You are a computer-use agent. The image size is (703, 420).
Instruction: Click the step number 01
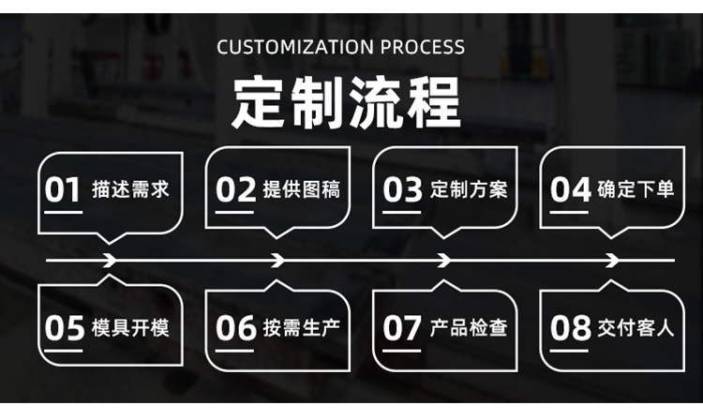click(x=64, y=190)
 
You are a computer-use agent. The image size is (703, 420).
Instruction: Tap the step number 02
click(x=235, y=190)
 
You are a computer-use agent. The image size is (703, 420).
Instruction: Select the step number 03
click(x=403, y=190)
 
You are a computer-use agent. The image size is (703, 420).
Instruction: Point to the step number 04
click(x=570, y=190)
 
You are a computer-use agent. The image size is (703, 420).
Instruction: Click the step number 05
click(x=65, y=328)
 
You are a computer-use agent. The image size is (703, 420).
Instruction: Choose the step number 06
click(x=235, y=328)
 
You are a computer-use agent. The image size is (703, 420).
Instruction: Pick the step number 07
click(x=403, y=328)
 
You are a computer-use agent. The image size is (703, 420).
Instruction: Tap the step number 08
click(x=570, y=328)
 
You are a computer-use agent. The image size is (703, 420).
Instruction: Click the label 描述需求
click(x=130, y=190)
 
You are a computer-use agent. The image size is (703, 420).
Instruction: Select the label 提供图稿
click(x=302, y=190)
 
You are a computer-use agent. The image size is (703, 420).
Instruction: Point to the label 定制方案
click(x=469, y=190)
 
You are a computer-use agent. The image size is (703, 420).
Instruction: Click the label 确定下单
click(x=636, y=190)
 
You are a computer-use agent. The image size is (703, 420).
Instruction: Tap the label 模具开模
click(x=130, y=328)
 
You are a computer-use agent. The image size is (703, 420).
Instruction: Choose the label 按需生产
click(x=302, y=328)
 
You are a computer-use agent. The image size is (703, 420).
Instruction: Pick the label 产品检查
click(x=469, y=328)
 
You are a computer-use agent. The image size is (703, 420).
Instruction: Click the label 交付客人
click(x=636, y=328)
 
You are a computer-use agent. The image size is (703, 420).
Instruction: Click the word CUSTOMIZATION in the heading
click(x=295, y=47)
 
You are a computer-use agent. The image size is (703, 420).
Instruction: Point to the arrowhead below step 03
click(x=444, y=260)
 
